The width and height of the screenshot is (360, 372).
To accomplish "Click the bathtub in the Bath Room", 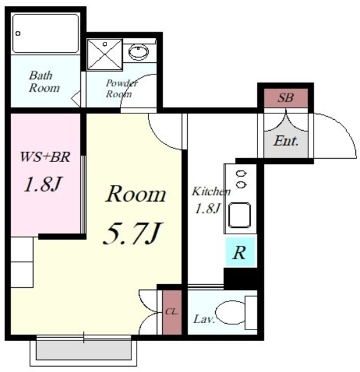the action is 45,34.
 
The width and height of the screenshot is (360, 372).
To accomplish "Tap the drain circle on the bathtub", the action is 18,34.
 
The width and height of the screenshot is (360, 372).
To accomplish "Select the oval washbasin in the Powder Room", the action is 138,52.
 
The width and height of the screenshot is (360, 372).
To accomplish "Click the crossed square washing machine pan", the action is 105,54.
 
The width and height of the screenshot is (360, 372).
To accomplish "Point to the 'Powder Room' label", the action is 122,88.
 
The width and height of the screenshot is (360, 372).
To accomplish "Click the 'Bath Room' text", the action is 44,82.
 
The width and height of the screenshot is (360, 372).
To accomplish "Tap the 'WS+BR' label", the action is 45,157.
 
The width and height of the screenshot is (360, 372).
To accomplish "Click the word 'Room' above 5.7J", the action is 136,194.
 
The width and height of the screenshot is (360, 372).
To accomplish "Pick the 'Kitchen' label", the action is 211,191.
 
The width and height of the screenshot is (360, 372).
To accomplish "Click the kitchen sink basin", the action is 240,215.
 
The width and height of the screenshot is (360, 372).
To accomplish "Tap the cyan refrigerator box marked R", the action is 240,252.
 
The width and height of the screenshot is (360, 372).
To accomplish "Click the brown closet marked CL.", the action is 172,312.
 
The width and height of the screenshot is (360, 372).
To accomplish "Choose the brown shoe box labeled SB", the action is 286,98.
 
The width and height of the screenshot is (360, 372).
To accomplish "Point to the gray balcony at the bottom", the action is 84,350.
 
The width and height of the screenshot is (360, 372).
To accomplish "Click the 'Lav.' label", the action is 204,319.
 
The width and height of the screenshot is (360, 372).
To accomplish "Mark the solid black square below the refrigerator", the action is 241,278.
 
